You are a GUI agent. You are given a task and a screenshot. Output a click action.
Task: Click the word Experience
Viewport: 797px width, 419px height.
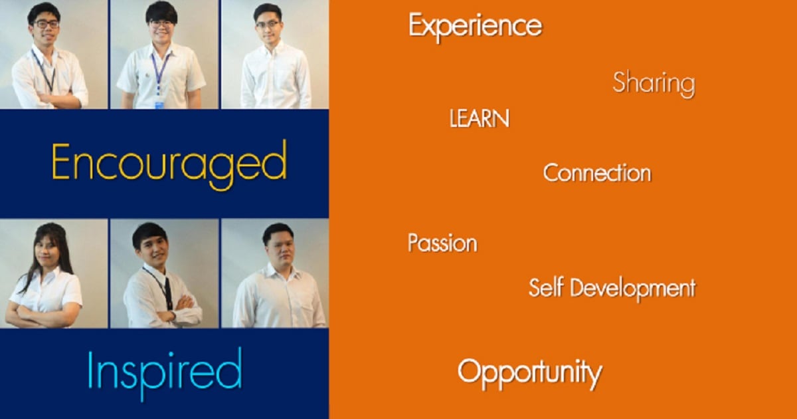(x=476, y=27)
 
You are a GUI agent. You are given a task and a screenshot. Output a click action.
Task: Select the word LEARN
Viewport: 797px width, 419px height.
(x=480, y=118)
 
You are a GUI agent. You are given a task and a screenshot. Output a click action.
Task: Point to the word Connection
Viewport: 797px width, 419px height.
(x=597, y=173)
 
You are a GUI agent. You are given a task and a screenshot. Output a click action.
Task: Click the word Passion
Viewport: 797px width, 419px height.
(x=442, y=243)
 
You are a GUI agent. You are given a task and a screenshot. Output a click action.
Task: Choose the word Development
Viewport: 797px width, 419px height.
(x=633, y=289)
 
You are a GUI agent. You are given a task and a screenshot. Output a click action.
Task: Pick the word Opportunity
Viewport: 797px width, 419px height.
(x=530, y=374)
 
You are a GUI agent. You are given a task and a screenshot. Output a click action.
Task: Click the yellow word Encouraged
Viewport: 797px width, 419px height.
(x=169, y=165)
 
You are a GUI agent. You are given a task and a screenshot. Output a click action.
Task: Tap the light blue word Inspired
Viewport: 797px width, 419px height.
(x=165, y=373)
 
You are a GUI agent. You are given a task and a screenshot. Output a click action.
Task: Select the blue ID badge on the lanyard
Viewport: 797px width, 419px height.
(x=159, y=104)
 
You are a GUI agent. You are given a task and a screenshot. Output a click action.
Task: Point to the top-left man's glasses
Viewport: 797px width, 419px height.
(x=46, y=24)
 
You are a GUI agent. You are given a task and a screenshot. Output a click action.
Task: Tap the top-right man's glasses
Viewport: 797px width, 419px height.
(x=268, y=25)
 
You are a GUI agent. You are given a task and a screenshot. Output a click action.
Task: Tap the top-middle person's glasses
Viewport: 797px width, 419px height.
(x=161, y=25)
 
